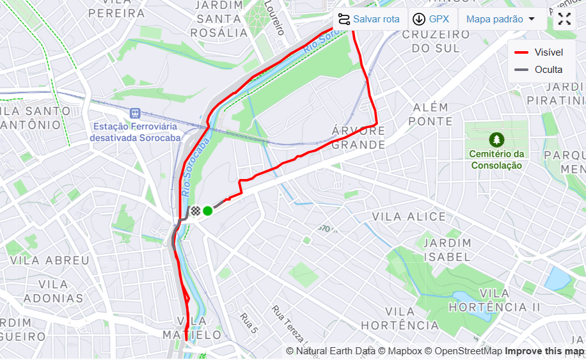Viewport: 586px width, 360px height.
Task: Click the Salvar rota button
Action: (369, 19)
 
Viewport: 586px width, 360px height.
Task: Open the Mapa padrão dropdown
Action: (501, 19)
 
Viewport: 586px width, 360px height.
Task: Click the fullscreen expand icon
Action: (564, 19)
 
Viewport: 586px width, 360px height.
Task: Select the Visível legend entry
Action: (539, 52)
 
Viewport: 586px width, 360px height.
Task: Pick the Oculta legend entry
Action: (539, 70)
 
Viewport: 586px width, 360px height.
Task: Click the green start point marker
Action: (207, 211)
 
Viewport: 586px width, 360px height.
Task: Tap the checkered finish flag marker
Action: (195, 211)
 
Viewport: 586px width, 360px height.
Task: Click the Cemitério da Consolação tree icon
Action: (496, 139)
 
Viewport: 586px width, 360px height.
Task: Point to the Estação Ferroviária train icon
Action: (134, 113)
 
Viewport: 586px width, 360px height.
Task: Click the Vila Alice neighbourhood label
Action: (409, 217)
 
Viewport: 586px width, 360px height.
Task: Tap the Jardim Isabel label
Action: (447, 250)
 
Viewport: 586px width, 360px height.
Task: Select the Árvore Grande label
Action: (359, 137)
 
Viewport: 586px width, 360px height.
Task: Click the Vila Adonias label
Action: (53, 292)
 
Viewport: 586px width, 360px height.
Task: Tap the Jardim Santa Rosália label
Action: (219, 19)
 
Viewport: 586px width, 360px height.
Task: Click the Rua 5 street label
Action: (249, 323)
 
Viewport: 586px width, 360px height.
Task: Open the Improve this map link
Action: (544, 351)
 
